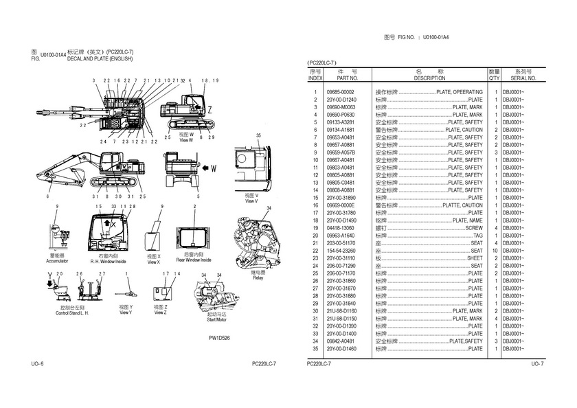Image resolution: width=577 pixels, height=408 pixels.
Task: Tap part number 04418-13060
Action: point(341,228)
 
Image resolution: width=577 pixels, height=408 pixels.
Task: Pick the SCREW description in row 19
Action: point(474,228)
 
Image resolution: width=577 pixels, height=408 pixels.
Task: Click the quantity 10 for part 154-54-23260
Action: point(494,251)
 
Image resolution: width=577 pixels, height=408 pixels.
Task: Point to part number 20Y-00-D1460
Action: point(342,349)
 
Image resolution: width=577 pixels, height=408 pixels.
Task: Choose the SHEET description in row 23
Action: point(475,258)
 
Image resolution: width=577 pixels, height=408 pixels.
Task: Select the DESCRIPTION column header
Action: point(430,78)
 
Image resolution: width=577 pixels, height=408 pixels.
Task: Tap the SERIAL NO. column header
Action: point(520,78)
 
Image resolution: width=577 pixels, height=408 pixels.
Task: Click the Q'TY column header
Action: point(494,78)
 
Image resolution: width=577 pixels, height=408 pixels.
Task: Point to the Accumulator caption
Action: point(57,262)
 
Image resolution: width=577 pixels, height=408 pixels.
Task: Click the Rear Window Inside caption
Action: point(193,260)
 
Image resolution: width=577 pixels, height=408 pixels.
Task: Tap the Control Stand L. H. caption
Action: point(73,314)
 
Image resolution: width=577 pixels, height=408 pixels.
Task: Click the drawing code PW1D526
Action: point(219,338)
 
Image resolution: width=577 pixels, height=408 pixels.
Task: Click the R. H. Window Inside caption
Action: point(109,262)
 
